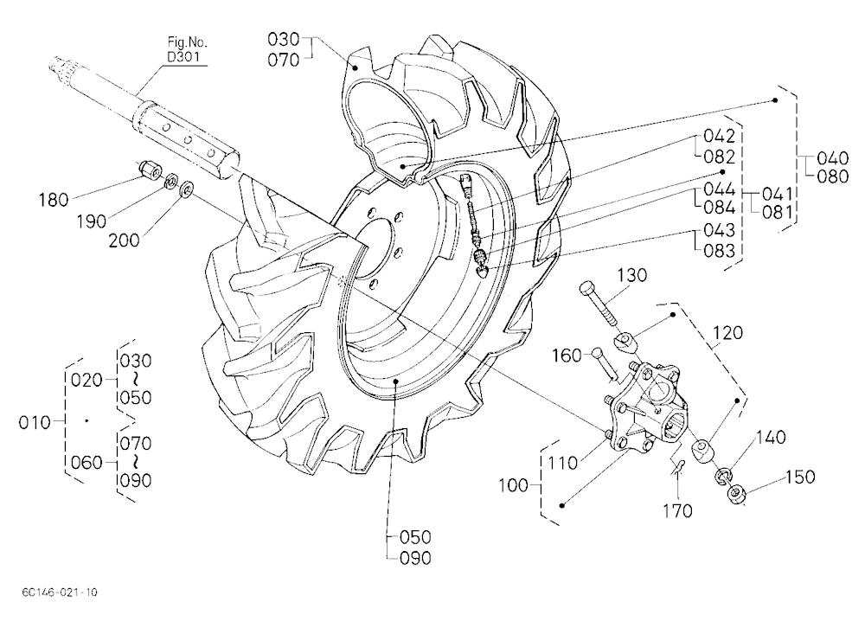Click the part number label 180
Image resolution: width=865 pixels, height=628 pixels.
coord(54,200)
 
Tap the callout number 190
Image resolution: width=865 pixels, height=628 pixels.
coord(91,221)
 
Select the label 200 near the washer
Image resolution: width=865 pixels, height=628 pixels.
coord(124,240)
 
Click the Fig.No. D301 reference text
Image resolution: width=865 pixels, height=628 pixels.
coord(187,49)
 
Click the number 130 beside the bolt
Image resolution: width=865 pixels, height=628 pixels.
coord(631,275)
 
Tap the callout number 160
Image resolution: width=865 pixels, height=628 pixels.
coord(567,356)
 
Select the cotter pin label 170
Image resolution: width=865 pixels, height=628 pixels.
coord(677,511)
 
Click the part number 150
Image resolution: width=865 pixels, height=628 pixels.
coord(800,477)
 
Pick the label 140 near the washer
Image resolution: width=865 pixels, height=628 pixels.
coord(771,438)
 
